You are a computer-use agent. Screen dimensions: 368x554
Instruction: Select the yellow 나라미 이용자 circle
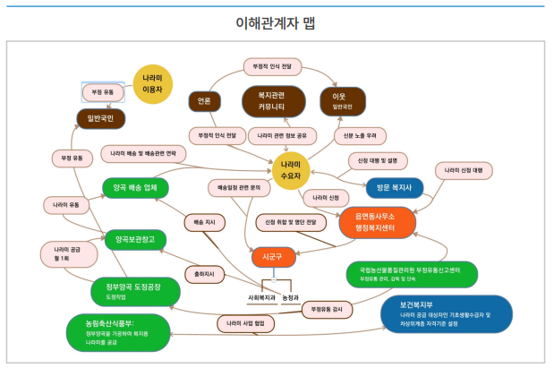coord(152,84)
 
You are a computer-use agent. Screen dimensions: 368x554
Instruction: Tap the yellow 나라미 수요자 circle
coord(291,170)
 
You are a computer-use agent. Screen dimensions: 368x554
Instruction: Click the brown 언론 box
coord(204,101)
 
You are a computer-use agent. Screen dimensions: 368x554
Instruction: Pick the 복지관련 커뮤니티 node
coord(276,101)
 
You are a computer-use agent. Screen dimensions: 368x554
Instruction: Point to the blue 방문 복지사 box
coord(394,188)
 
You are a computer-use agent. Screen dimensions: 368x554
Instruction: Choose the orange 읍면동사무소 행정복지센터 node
coord(378,221)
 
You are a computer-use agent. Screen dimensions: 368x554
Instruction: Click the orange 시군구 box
coord(267,256)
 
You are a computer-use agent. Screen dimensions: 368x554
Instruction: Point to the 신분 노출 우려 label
coord(360,135)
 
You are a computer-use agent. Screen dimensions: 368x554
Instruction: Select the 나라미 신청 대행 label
coord(464,169)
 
